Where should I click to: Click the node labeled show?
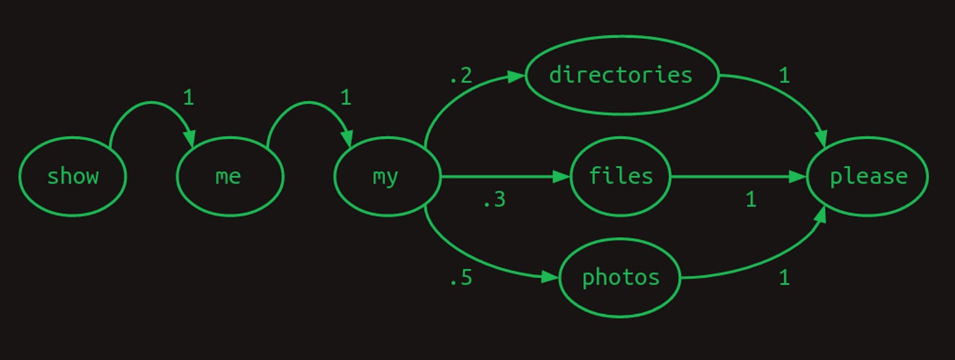pyautogui.click(x=72, y=176)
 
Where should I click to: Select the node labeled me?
pyautogui.click(x=230, y=176)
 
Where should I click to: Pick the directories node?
pyautogui.click(x=621, y=75)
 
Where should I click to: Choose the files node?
pyautogui.click(x=620, y=176)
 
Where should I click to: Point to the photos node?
pyautogui.click(x=620, y=278)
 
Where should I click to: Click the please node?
pyautogui.click(x=868, y=176)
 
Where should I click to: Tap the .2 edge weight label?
pyautogui.click(x=460, y=76)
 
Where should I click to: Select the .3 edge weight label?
pyautogui.click(x=494, y=200)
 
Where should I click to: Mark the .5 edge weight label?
pyautogui.click(x=460, y=279)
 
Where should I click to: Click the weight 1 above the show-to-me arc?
pyautogui.click(x=188, y=98)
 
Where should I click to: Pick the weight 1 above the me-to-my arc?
pyautogui.click(x=346, y=98)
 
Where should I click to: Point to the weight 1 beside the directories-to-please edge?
pyautogui.click(x=784, y=76)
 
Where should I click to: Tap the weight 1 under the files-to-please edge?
pyautogui.click(x=751, y=200)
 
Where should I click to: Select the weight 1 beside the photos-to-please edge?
pyautogui.click(x=784, y=279)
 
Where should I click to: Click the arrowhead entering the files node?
pyautogui.click(x=562, y=176)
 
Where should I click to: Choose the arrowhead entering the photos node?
pyautogui.click(x=551, y=277)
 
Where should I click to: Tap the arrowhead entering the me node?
pyautogui.click(x=190, y=140)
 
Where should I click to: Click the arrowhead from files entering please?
pyautogui.click(x=798, y=176)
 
